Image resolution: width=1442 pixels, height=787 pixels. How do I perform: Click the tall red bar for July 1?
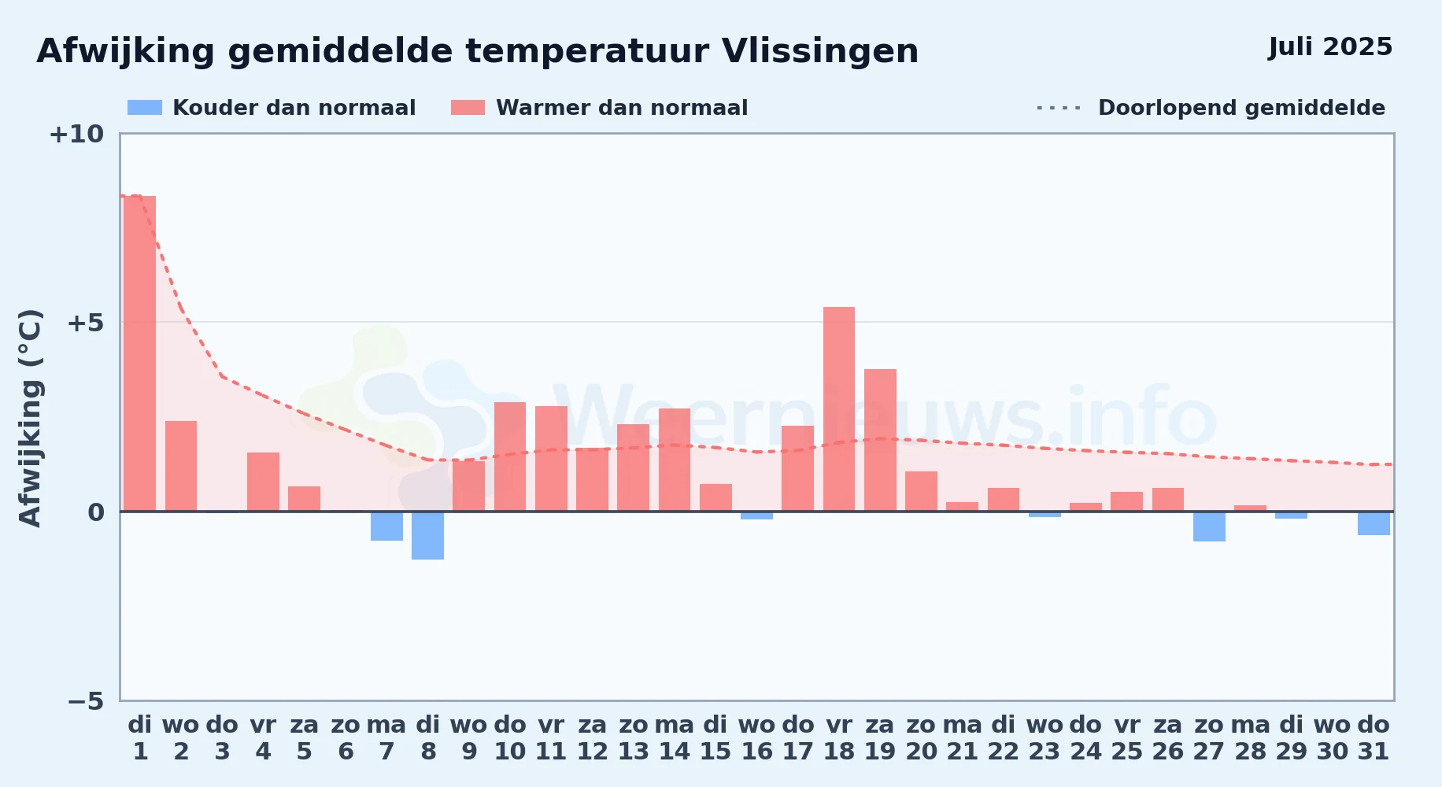[140, 353]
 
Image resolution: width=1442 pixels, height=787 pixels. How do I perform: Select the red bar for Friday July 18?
[839, 409]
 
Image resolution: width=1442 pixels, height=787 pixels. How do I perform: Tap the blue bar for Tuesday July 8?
[427, 535]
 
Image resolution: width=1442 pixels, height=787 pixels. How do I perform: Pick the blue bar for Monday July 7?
[386, 526]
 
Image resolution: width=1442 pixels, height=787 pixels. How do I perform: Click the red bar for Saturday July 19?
[880, 440]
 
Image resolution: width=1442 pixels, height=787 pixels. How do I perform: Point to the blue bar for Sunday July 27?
[1209, 527]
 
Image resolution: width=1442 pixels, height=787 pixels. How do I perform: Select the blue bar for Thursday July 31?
[1374, 523]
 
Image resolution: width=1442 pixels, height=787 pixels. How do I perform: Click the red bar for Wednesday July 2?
[181, 466]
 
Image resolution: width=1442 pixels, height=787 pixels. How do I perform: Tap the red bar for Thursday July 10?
[510, 456]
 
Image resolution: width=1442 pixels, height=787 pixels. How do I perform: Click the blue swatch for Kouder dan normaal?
[145, 108]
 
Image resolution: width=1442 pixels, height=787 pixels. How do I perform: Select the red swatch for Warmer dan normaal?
[468, 108]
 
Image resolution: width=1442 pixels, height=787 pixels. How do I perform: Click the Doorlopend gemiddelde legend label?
[1241, 108]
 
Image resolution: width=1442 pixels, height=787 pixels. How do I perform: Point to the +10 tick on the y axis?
[76, 134]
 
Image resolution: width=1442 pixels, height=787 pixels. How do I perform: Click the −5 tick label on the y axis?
[86, 700]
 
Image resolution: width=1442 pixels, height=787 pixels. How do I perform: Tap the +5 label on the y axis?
[85, 323]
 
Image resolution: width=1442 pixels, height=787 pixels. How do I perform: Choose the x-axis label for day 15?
[715, 738]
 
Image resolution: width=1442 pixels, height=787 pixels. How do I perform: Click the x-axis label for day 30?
[1333, 738]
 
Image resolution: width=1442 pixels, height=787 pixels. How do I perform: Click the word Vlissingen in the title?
[820, 52]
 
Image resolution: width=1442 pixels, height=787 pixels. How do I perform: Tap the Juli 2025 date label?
[1330, 46]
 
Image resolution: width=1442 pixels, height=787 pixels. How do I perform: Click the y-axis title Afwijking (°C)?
[30, 418]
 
